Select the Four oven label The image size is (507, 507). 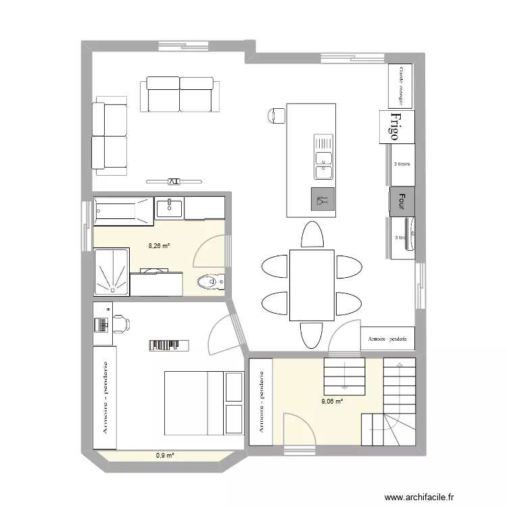[x=402, y=200]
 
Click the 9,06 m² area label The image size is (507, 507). [x=332, y=401]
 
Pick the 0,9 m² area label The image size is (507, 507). [x=165, y=456]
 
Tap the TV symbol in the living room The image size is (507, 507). [x=174, y=181]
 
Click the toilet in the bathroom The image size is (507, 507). [x=210, y=280]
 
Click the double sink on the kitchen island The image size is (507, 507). [x=323, y=156]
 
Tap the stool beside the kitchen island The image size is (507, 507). [x=276, y=116]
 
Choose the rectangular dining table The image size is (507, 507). [x=312, y=285]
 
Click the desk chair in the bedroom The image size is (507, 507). [x=122, y=324]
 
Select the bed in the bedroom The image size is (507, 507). [x=203, y=403]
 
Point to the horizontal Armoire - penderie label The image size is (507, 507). [x=387, y=339]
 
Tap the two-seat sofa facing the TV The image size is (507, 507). [x=180, y=95]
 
